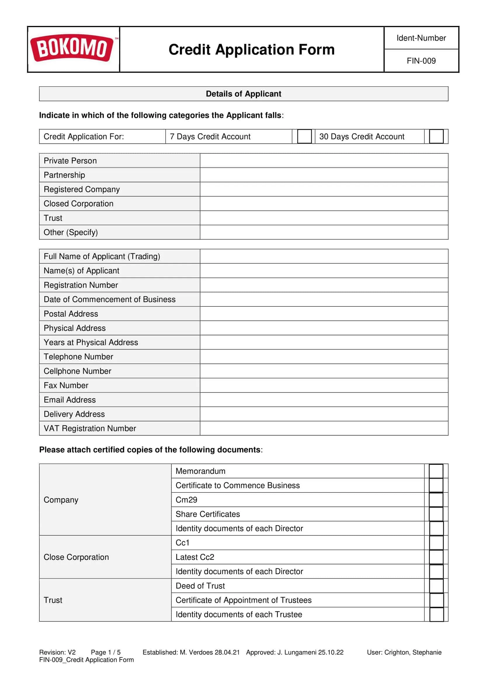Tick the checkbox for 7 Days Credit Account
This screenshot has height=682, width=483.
coord(304,136)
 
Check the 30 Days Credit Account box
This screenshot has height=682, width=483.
coord(436,136)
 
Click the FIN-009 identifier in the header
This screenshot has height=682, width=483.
coord(421,61)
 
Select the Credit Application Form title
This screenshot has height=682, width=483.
coord(251,50)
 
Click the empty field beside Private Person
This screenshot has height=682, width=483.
coord(324,161)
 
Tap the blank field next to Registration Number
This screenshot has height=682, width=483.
coord(324,285)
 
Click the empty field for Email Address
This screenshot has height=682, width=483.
coord(324,399)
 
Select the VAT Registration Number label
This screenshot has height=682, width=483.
coord(90,428)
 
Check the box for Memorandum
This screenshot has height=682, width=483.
coord(436,471)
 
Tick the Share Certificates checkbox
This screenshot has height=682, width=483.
coord(436,514)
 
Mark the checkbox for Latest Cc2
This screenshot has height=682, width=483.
coord(436,557)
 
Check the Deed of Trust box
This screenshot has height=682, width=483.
coord(436,586)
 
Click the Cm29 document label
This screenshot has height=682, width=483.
coord(187,500)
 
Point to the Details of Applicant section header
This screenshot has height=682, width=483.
coord(243,94)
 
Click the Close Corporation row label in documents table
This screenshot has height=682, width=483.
coord(76,557)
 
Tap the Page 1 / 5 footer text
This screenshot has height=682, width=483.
coord(106,652)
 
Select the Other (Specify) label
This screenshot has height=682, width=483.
coord(71,232)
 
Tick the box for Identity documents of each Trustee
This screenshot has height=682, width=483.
coord(436,615)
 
